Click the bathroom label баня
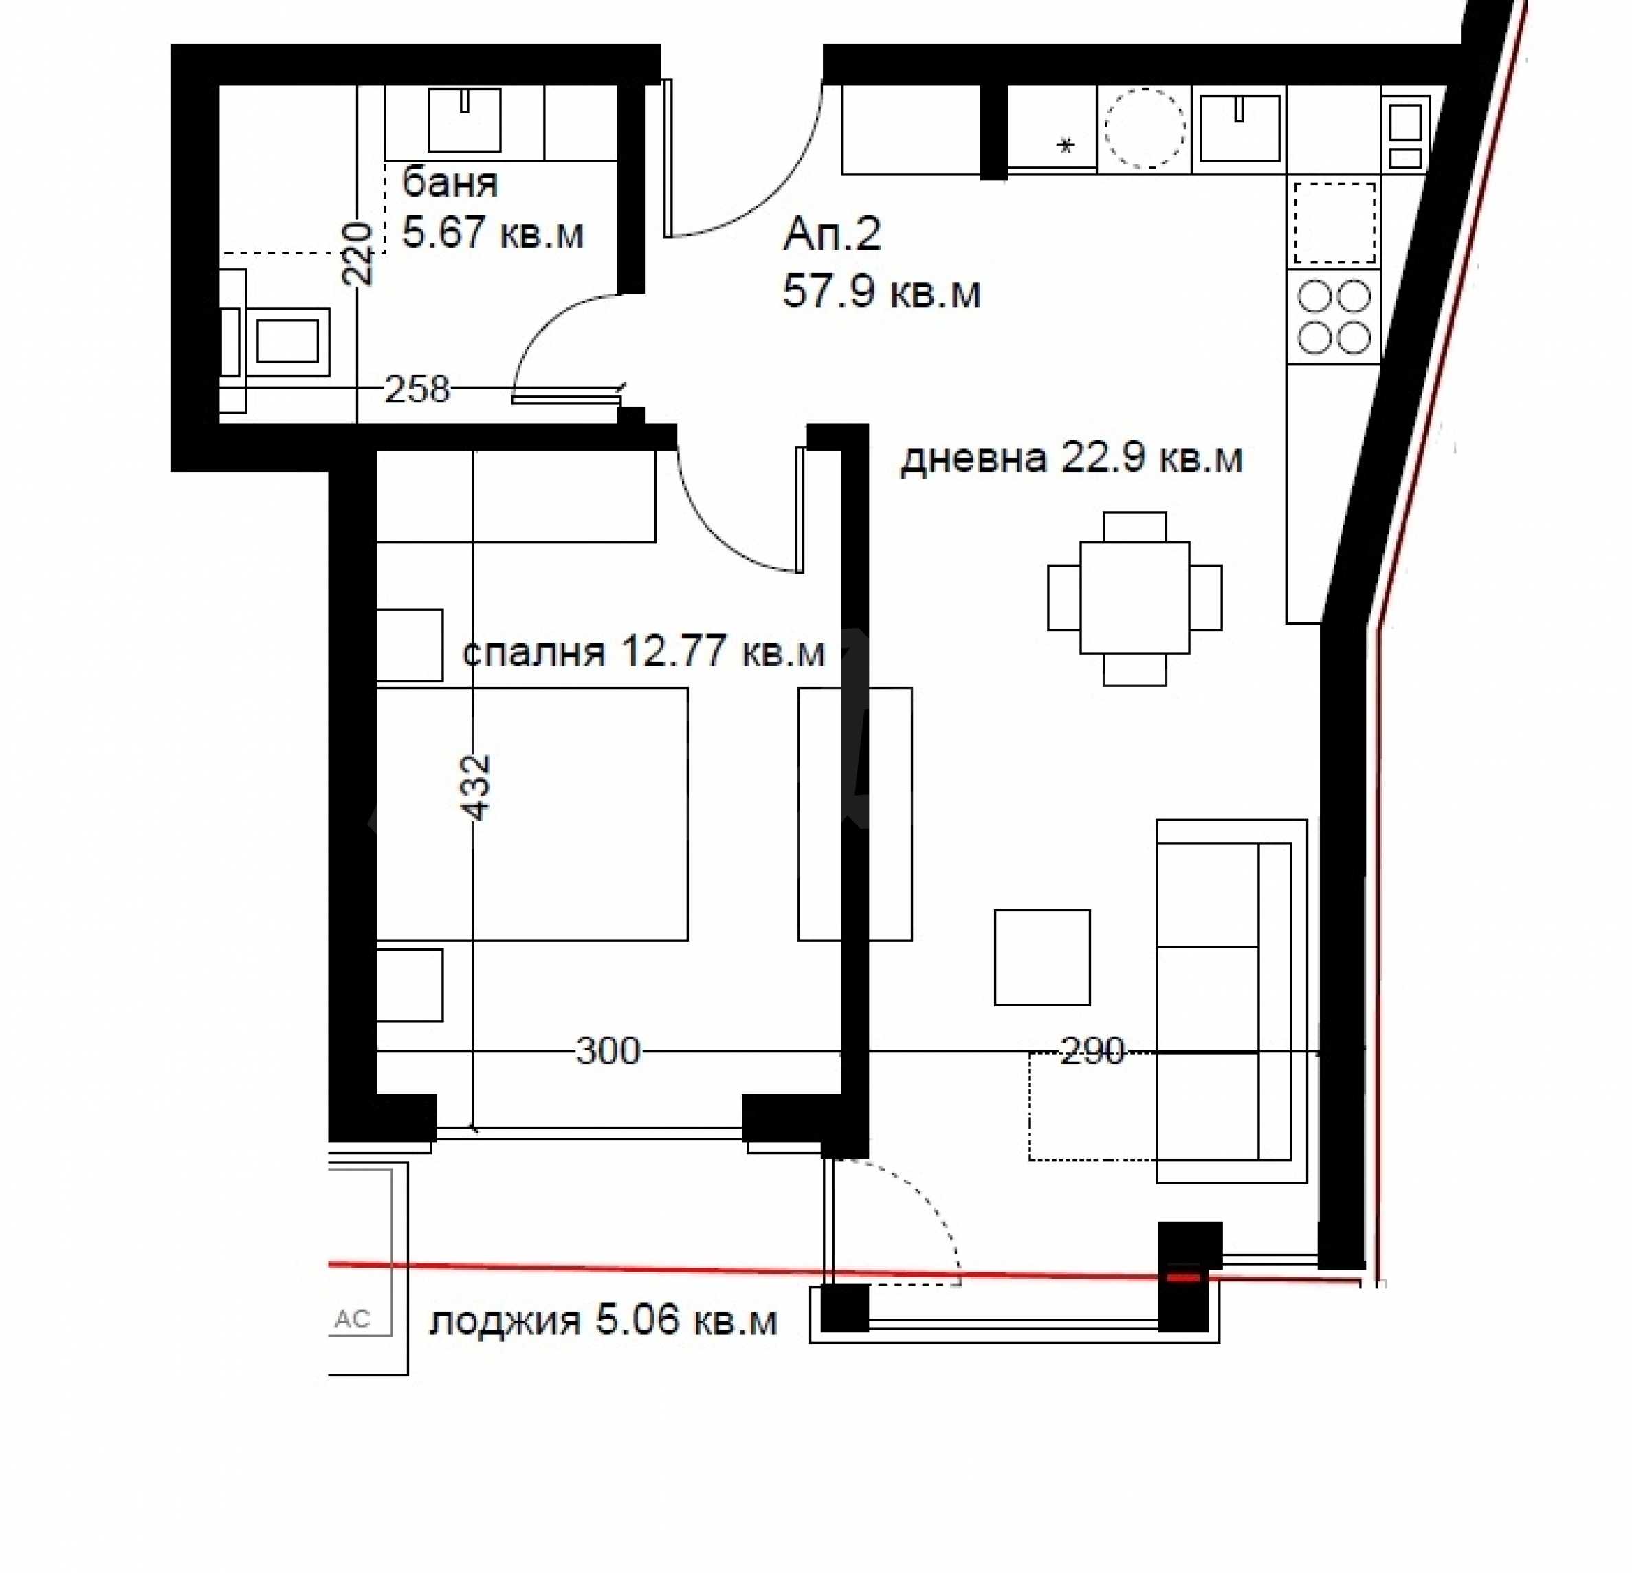tap(450, 182)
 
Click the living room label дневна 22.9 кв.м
tap(1072, 458)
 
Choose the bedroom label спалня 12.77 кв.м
tap(643, 651)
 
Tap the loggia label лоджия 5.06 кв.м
tap(603, 1321)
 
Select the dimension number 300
tap(608, 1052)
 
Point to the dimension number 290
tap(1092, 1052)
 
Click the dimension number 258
tap(417, 389)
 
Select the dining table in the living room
tap(1135, 598)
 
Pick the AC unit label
tap(351, 1319)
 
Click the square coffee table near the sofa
tap(1042, 957)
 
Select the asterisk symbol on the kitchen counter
tap(1066, 146)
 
